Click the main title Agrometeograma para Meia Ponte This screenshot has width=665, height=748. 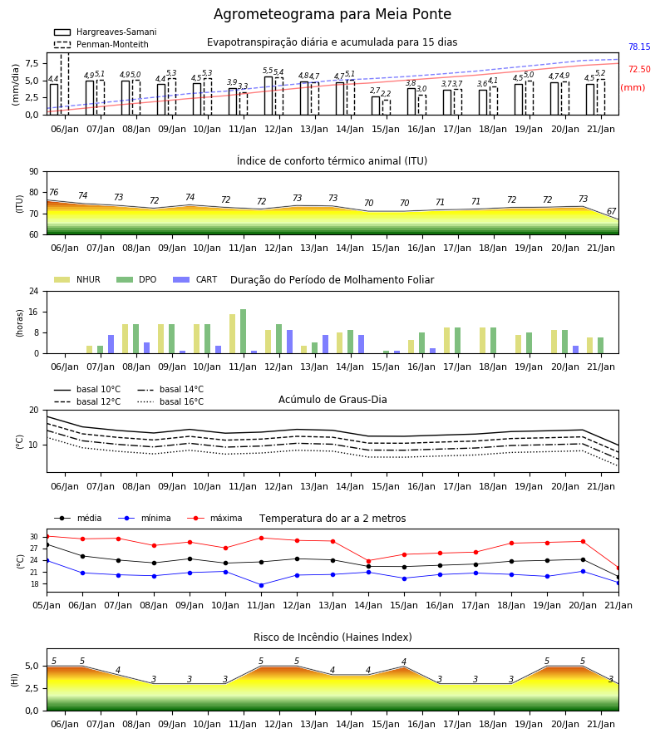(332, 14)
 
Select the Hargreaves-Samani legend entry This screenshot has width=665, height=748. (105, 32)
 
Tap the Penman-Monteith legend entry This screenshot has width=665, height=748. (101, 44)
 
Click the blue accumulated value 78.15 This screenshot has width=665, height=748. (639, 47)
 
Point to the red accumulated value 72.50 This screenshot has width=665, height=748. (639, 69)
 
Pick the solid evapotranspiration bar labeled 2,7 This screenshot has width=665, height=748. (376, 106)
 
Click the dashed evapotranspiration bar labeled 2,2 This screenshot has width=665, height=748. (387, 107)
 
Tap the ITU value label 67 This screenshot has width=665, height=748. (611, 211)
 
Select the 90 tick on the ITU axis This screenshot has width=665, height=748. (34, 172)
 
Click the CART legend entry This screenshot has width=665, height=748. (195, 279)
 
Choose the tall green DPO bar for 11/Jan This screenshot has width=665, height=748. (244, 332)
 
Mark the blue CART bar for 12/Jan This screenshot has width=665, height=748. (289, 342)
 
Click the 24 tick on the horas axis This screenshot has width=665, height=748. (34, 291)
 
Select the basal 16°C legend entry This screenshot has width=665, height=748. (170, 401)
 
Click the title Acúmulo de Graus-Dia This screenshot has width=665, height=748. (332, 399)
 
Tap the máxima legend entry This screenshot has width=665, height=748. (214, 518)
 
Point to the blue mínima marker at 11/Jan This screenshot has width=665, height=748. (261, 585)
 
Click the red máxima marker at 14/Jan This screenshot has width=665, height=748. (369, 561)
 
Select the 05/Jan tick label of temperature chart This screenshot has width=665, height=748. (47, 605)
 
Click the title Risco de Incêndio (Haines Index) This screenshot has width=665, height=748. (332, 637)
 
